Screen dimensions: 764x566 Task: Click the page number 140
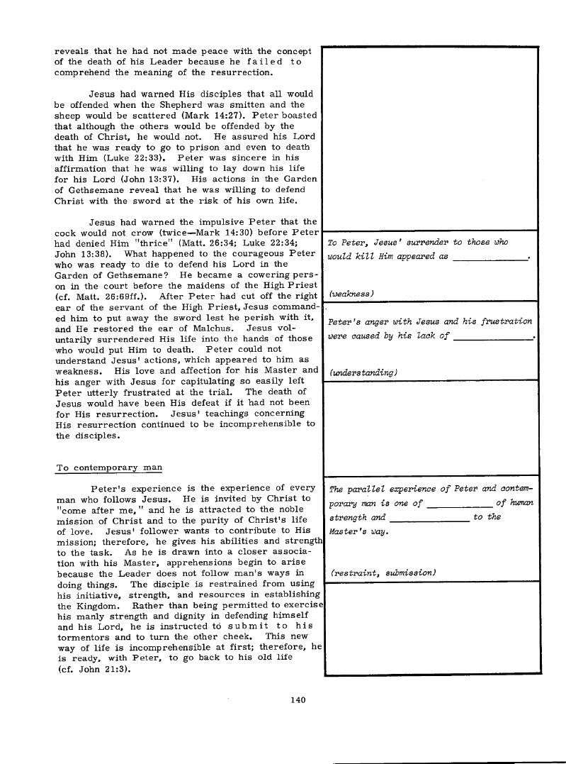(x=298, y=700)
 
